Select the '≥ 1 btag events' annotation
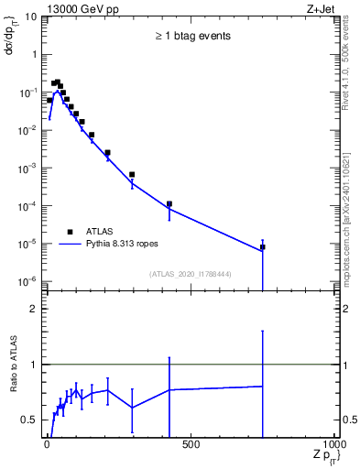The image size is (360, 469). click(191, 36)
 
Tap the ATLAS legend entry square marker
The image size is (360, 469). click(70, 232)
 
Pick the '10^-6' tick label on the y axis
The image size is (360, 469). click(27, 281)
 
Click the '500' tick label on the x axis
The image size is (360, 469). click(191, 445)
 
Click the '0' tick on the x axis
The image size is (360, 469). click(46, 445)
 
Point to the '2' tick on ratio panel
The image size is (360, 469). click(33, 310)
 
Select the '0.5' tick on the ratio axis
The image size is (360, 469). click(29, 420)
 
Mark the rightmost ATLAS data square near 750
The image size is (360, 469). click(263, 247)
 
